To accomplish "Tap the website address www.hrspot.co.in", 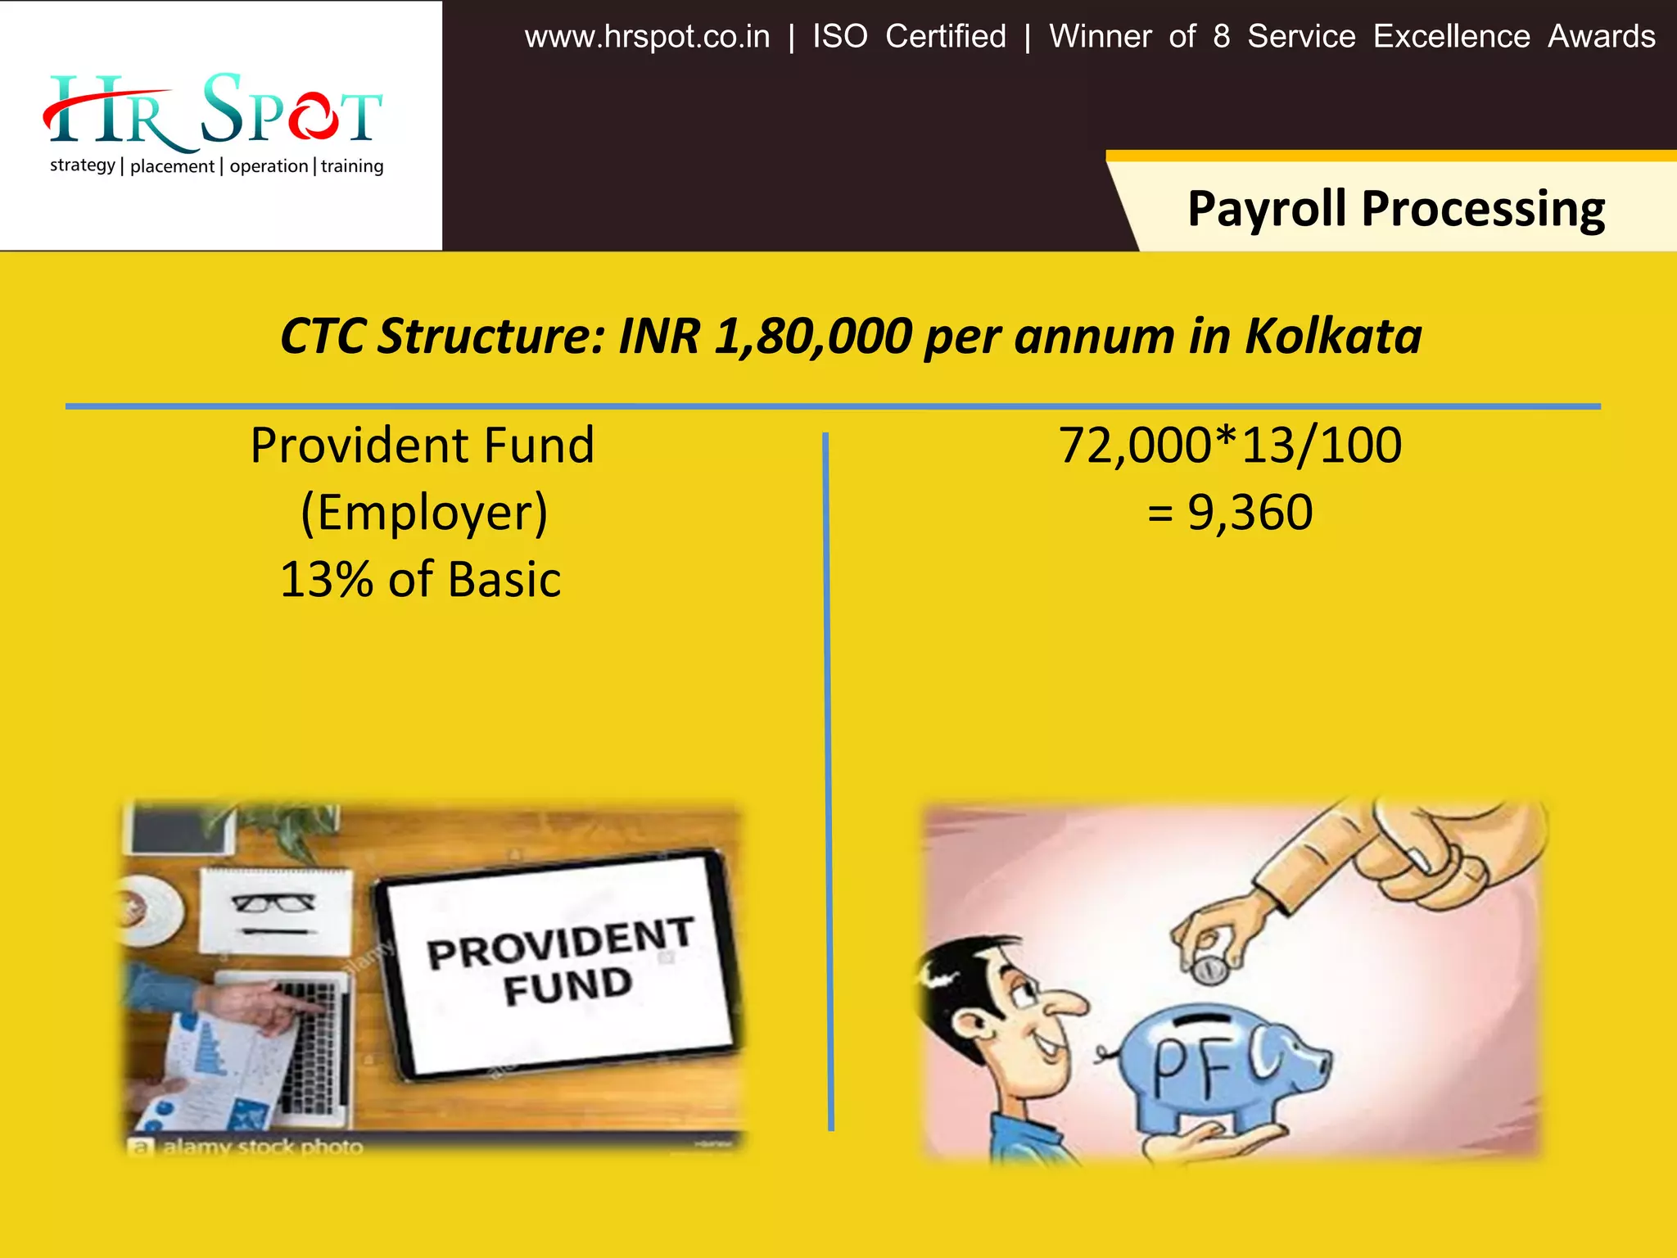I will [x=647, y=37].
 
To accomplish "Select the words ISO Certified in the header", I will [x=909, y=37].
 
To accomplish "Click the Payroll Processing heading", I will [x=1395, y=208].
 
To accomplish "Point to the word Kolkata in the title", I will [x=1333, y=336].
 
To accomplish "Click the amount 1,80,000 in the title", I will [x=813, y=336].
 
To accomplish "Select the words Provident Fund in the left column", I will [x=422, y=446].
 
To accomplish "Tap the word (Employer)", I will [x=423, y=513].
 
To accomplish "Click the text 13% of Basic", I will [x=420, y=580].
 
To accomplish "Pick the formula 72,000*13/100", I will [x=1230, y=446].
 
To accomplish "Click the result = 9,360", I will [x=1230, y=513].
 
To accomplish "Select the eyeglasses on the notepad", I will [x=273, y=903].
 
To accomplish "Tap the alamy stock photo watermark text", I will [x=262, y=1147].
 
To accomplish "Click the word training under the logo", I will [x=352, y=166].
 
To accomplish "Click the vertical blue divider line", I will [x=828, y=778].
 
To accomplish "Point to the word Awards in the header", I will [x=1601, y=37].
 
